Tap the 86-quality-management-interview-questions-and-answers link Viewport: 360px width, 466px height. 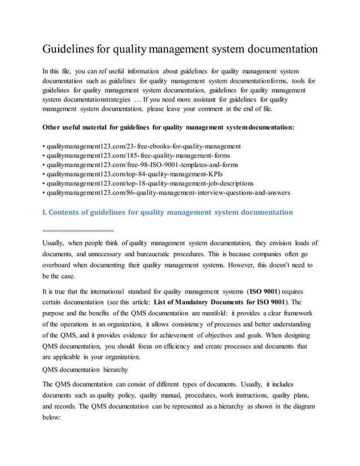169,192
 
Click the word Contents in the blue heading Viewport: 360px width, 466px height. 68,213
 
